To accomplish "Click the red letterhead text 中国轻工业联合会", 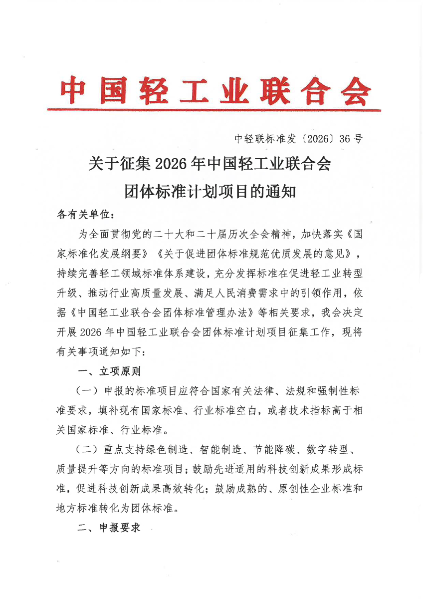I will point(215,90).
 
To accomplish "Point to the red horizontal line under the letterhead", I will point(214,110).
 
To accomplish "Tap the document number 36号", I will point(351,139).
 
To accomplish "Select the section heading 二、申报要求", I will point(109,528).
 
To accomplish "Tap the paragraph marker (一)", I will point(86,391).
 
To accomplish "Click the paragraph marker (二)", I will point(86,449).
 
